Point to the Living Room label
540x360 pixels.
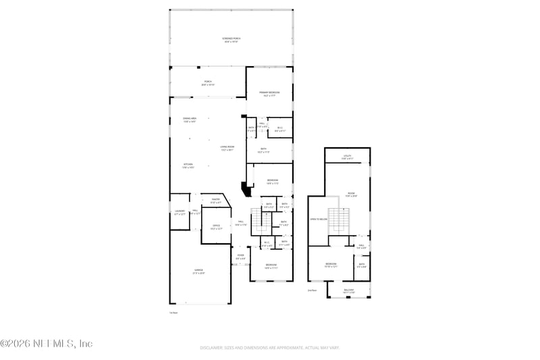227,148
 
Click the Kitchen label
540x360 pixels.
188,165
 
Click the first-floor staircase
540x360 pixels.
260,220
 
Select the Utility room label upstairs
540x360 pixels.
348,157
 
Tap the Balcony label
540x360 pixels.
348,291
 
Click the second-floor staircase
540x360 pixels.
342,220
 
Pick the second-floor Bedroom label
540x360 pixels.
331,264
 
